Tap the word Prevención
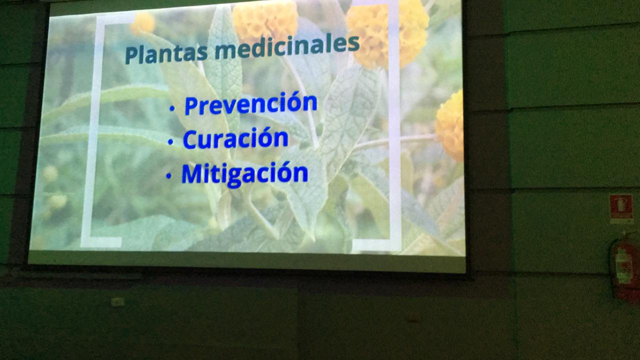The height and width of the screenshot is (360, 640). point(251,103)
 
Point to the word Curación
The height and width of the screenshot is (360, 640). point(235,138)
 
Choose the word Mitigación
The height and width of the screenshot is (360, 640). point(245,173)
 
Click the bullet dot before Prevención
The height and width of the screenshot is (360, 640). point(171,108)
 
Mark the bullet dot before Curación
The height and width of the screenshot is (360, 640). point(170,141)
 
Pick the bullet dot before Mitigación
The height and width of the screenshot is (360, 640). point(169,176)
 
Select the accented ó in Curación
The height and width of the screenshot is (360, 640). point(265,137)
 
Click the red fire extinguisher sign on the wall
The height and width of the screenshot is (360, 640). point(621,207)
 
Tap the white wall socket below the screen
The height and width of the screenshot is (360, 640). point(117,301)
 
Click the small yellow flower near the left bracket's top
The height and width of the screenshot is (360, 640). point(142,23)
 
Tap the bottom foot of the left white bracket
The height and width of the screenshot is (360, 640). point(101,242)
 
